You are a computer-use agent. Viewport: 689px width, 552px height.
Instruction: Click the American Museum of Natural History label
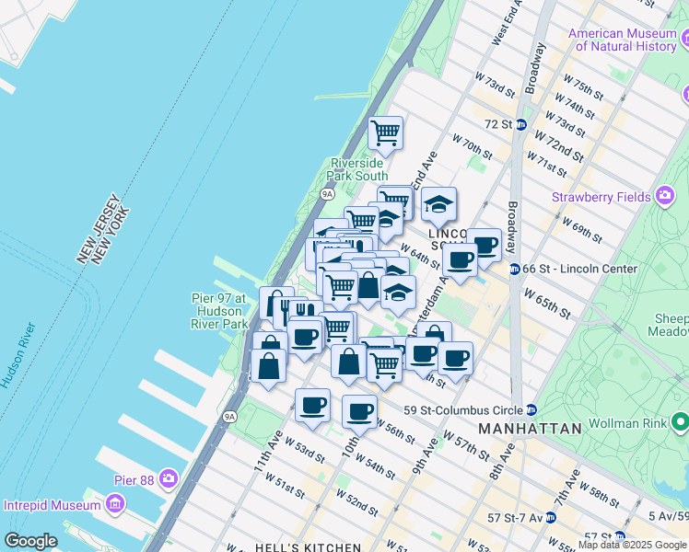coord(623,40)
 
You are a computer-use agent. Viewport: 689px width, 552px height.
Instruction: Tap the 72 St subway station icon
coord(520,124)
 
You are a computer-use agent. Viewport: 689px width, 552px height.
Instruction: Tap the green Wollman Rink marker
coord(681,422)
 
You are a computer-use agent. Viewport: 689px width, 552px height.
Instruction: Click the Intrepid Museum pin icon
coord(114,504)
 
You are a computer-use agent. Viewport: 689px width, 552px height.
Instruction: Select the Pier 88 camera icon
coord(168,478)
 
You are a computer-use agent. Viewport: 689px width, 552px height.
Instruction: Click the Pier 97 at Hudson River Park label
coord(218,311)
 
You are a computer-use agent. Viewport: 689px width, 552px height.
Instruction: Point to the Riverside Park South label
coord(359,169)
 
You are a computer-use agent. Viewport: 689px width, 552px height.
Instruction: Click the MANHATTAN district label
coord(530,429)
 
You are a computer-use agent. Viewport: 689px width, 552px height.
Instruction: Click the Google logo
coord(30,541)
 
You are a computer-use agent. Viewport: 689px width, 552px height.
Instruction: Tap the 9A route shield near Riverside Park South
coord(327,194)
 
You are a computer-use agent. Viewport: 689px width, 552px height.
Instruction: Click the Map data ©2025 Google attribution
coord(632,545)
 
